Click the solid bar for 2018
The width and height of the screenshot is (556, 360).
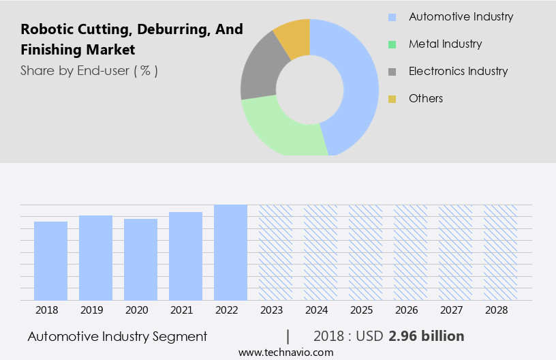50,260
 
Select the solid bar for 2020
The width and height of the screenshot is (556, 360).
140,259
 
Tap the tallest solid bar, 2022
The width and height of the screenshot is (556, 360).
230,252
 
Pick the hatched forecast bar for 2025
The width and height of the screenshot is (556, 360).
365,252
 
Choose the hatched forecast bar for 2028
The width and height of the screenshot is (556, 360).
500,252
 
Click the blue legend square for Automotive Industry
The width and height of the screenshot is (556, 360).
392,17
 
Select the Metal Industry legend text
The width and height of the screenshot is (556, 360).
445,44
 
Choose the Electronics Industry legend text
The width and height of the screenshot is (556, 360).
458,71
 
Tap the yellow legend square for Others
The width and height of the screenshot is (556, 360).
392,99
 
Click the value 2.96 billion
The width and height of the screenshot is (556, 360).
427,336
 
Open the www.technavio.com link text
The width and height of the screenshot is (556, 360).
285,352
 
